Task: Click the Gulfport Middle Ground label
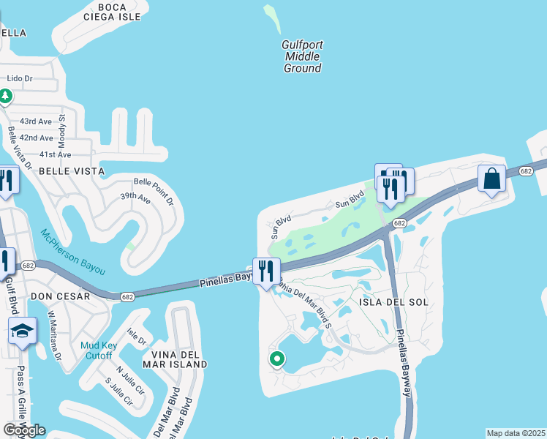(302, 56)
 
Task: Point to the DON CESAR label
(60, 296)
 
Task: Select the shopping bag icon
(493, 179)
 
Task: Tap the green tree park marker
(6, 96)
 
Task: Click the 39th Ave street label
(135, 197)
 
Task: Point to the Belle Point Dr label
(153, 191)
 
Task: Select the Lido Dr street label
(20, 78)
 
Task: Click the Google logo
(24, 430)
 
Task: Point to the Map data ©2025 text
(516, 433)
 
